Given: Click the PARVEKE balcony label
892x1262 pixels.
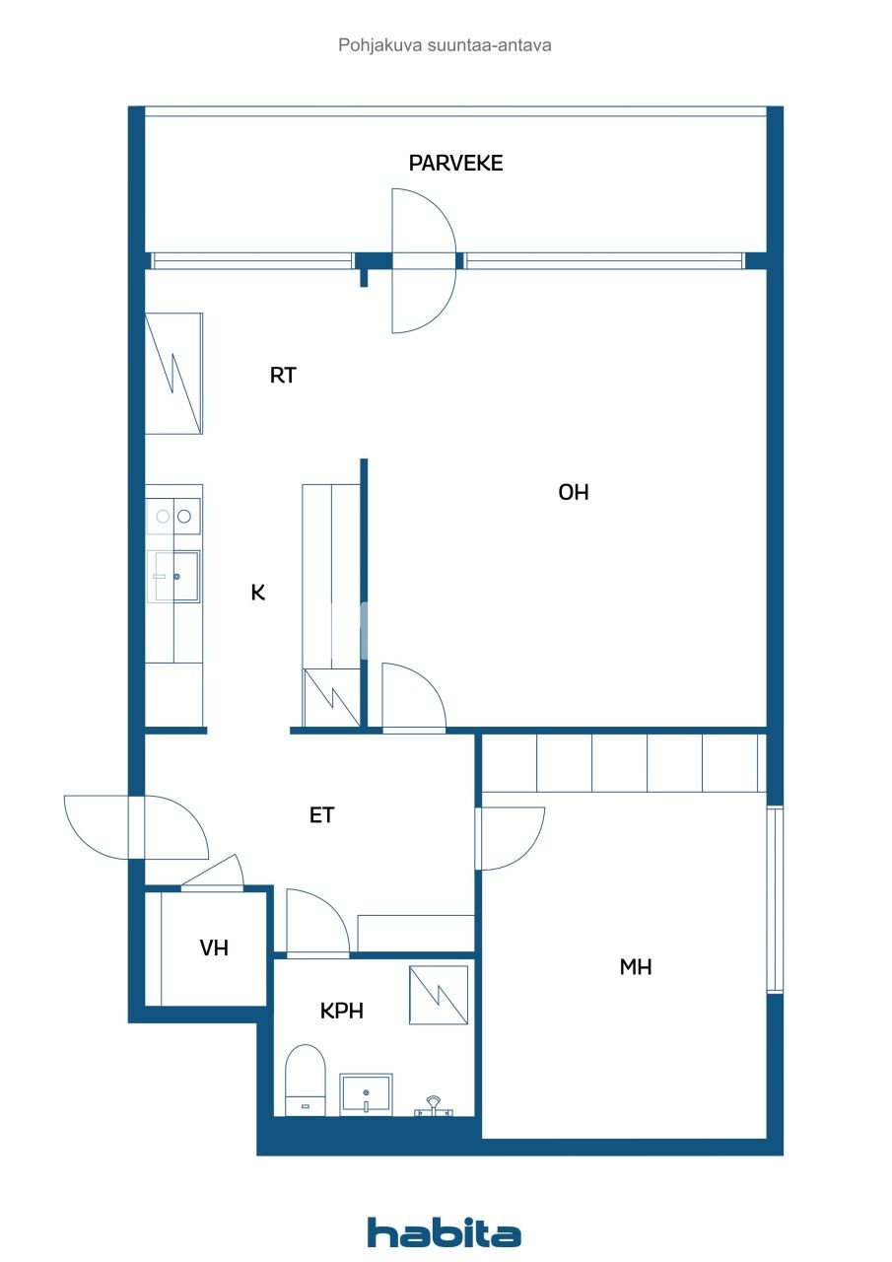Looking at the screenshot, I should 455,164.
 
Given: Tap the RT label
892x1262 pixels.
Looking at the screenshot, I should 283,376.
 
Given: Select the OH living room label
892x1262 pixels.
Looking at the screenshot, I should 573,493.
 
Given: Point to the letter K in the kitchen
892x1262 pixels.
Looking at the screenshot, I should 258,593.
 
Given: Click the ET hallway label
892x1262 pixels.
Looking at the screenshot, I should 321,815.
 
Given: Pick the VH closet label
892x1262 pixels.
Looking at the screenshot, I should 214,948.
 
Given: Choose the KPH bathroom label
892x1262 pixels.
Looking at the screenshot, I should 342,1011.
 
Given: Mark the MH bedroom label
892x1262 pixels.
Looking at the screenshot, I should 635,967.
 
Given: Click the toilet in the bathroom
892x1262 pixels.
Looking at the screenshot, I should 305,1080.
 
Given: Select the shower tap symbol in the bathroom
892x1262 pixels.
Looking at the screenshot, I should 434,1105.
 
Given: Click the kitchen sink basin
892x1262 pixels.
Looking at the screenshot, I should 174,576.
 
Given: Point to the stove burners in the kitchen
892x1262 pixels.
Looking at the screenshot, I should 173,515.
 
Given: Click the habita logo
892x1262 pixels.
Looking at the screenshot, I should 444,1232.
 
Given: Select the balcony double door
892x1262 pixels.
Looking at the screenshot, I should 424,261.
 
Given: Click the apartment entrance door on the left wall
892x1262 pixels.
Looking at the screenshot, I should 138,826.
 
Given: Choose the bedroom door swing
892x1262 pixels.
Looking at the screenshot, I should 511,838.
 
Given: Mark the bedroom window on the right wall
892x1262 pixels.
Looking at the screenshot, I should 775,899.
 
